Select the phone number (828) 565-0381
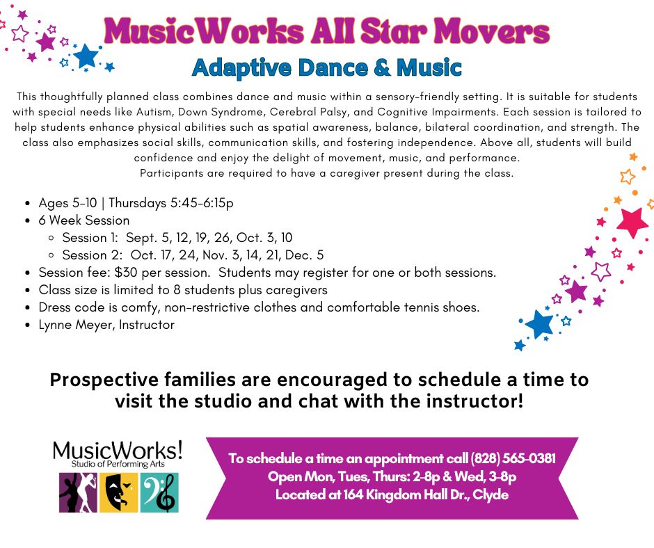513,458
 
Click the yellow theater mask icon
118,492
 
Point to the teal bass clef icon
159,492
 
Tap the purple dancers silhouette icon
78,492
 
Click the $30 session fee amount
126,273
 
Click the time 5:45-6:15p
202,203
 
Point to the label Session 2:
92,255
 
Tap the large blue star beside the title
86,56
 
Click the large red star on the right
632,223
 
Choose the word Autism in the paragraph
154,112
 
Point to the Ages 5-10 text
67,203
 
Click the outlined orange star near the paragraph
628,177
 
